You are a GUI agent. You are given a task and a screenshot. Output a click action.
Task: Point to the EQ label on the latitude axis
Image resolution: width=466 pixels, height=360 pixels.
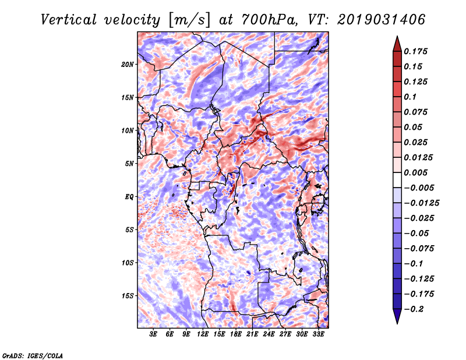click(129, 197)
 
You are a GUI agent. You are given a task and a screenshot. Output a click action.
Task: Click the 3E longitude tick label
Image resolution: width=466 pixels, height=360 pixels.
click(154, 334)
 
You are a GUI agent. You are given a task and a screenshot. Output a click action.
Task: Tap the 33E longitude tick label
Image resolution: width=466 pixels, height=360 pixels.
click(318, 334)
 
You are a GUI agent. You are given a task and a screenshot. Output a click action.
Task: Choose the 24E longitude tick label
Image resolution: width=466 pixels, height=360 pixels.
click(269, 334)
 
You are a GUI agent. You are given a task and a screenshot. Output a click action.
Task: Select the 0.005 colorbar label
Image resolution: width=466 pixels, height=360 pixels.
click(417, 172)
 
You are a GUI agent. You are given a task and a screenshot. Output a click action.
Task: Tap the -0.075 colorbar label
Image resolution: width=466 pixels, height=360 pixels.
click(419, 248)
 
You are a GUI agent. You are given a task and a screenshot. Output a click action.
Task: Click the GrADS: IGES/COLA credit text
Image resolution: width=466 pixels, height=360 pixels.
click(32, 355)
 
